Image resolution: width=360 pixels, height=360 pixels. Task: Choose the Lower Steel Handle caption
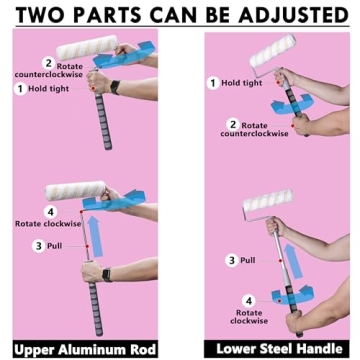pos(272,349)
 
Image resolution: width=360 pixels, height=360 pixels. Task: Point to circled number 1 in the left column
pos(19,89)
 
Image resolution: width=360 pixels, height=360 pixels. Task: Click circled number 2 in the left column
pos(47,62)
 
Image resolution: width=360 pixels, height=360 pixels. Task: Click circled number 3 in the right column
pos(231,259)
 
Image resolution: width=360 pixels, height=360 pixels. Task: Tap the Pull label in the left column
pos(62,245)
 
